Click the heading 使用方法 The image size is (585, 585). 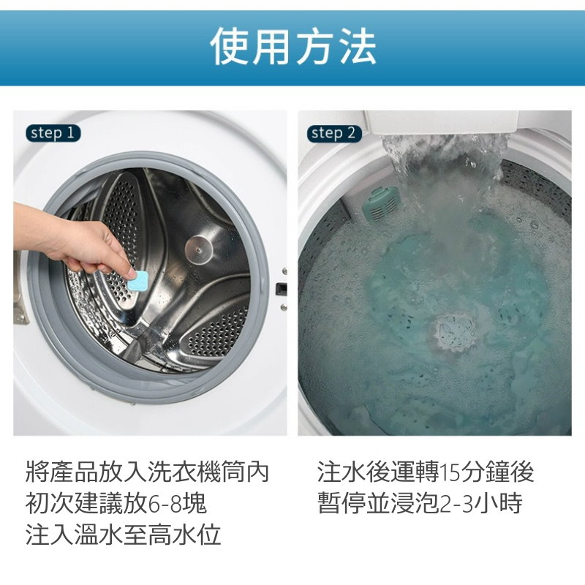pyautogui.click(x=293, y=47)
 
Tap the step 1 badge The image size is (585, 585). pyautogui.click(x=53, y=133)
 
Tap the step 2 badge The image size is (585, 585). pyautogui.click(x=334, y=133)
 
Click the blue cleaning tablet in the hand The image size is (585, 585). pyautogui.click(x=138, y=281)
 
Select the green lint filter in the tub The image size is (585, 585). pyautogui.click(x=381, y=203)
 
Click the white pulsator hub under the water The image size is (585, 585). pyautogui.click(x=452, y=333)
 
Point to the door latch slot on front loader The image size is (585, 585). pyautogui.click(x=282, y=288)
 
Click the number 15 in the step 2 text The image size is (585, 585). pyautogui.click(x=449, y=472)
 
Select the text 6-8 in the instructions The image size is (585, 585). pyautogui.click(x=165, y=503)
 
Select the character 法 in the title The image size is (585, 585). pyautogui.click(x=357, y=47)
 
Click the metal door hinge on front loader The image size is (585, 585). pyautogui.click(x=20, y=287)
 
